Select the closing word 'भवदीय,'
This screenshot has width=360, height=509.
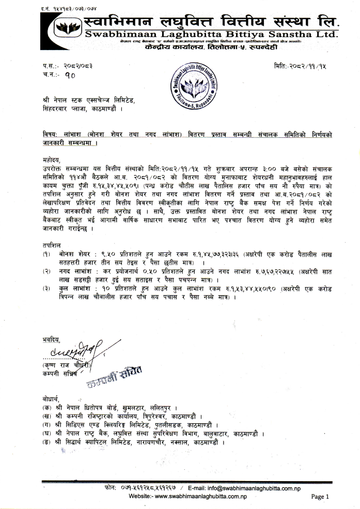coord(52,340)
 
